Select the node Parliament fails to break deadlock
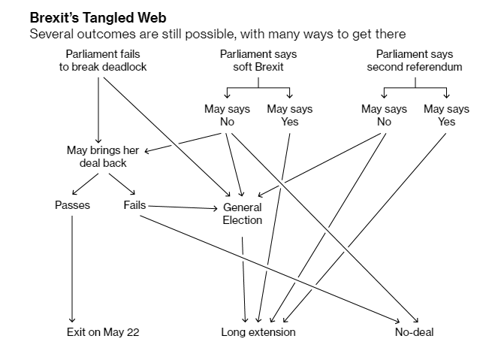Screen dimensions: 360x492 coord(103,61)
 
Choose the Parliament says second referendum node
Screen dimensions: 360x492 coord(414,61)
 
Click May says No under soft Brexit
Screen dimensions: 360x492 coord(227,116)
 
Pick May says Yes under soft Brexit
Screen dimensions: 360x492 coord(289,116)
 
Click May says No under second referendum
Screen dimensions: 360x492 coord(384,116)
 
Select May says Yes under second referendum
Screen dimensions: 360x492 coord(446,116)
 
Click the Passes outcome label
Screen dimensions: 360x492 coord(72,205)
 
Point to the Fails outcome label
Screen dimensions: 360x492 coord(134,205)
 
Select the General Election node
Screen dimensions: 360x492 coord(243,214)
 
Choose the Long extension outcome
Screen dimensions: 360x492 coord(258,331)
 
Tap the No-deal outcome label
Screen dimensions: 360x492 coord(414,331)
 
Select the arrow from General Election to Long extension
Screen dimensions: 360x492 coord(243,278)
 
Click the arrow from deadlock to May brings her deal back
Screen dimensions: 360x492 coord(98,105)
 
